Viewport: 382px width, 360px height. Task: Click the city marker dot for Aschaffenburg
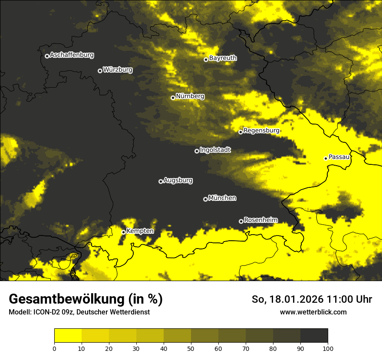pyautogui.click(x=47, y=56)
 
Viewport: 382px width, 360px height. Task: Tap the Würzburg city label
pyautogui.click(x=118, y=69)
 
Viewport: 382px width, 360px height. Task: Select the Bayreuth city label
pyautogui.click(x=223, y=58)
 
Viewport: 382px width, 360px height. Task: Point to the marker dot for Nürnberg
pyautogui.click(x=173, y=98)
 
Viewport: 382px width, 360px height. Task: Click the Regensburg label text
pyautogui.click(x=261, y=130)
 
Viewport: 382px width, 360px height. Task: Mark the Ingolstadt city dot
pyautogui.click(x=197, y=151)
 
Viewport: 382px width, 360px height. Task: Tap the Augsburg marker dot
pyautogui.click(x=161, y=181)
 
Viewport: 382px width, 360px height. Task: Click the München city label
pyautogui.click(x=222, y=198)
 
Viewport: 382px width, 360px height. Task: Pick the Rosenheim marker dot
pyautogui.click(x=241, y=221)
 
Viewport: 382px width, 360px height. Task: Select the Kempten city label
pyautogui.click(x=140, y=231)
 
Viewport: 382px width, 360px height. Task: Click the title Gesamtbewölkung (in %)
pyautogui.click(x=86, y=299)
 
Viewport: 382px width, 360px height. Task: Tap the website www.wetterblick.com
pyautogui.click(x=313, y=312)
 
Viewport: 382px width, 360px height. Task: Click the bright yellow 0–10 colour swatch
pyautogui.click(x=68, y=336)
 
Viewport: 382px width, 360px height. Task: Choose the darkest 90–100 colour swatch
pyautogui.click(x=314, y=336)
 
